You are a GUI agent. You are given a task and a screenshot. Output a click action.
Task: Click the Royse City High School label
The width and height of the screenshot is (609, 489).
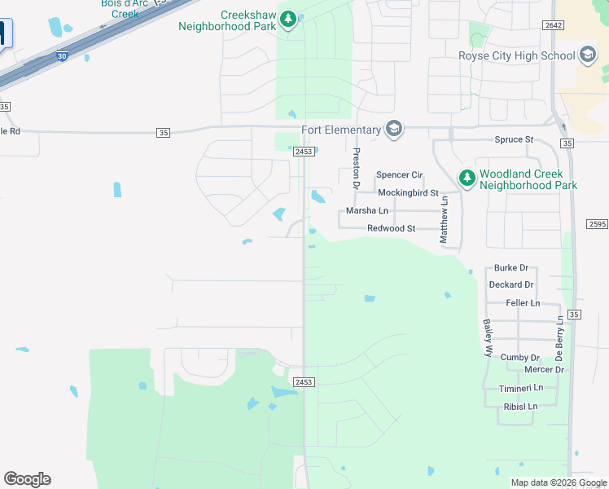517,56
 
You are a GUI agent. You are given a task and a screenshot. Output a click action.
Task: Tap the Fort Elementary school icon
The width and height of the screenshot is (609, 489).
395,130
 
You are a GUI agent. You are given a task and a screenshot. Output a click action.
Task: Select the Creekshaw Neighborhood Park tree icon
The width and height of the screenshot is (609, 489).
288,18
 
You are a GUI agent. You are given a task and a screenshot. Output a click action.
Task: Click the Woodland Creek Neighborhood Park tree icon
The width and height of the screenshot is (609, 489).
467,177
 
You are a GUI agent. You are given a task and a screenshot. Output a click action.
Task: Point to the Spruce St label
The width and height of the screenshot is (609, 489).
514,139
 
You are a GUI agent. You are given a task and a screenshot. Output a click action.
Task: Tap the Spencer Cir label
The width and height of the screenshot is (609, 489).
400,175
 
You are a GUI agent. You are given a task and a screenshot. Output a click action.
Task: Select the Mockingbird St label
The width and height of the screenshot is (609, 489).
409,192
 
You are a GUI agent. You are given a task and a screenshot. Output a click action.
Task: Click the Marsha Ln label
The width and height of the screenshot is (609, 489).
367,210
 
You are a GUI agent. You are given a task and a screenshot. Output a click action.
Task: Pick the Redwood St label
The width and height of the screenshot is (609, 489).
392,228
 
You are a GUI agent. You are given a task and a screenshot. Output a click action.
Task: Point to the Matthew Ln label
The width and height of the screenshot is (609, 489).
445,219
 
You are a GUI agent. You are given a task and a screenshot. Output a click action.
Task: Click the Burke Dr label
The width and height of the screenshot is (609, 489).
511,267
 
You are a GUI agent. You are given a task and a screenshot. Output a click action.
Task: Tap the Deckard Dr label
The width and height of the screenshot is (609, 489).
511,284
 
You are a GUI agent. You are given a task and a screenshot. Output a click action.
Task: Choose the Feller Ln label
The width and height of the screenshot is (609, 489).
523,302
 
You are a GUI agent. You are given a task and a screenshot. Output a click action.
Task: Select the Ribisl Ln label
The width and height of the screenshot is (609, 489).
521,406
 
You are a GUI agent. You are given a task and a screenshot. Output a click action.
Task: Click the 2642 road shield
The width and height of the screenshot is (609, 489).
554,25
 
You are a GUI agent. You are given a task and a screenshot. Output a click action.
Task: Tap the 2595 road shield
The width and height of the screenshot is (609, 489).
597,224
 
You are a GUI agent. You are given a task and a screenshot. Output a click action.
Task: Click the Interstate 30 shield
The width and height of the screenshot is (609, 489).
62,56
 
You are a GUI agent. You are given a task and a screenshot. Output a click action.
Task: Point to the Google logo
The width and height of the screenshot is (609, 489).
27,479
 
